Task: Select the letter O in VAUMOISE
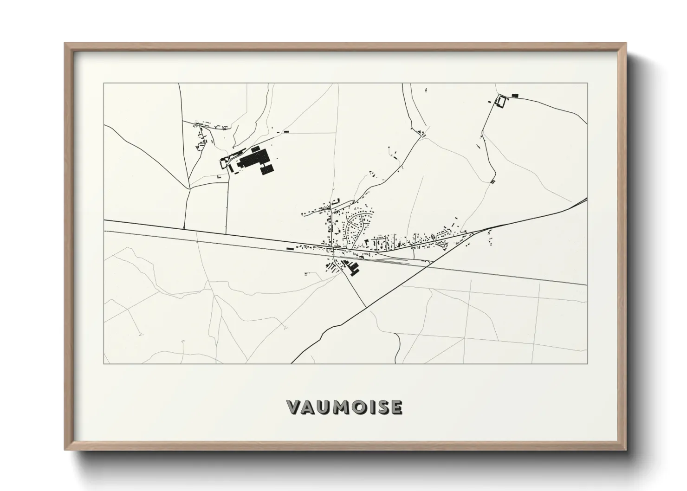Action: tap(356, 407)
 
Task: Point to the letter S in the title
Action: tap(382, 407)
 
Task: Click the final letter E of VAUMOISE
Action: tap(395, 407)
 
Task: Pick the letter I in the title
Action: tap(370, 407)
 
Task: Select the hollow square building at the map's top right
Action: tap(501, 101)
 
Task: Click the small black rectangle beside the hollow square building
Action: tap(514, 96)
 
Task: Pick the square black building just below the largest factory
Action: tap(267, 170)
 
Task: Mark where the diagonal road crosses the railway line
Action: tap(431, 263)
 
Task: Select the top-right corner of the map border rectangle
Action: tap(587, 84)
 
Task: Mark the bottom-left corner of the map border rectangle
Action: tap(104, 363)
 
